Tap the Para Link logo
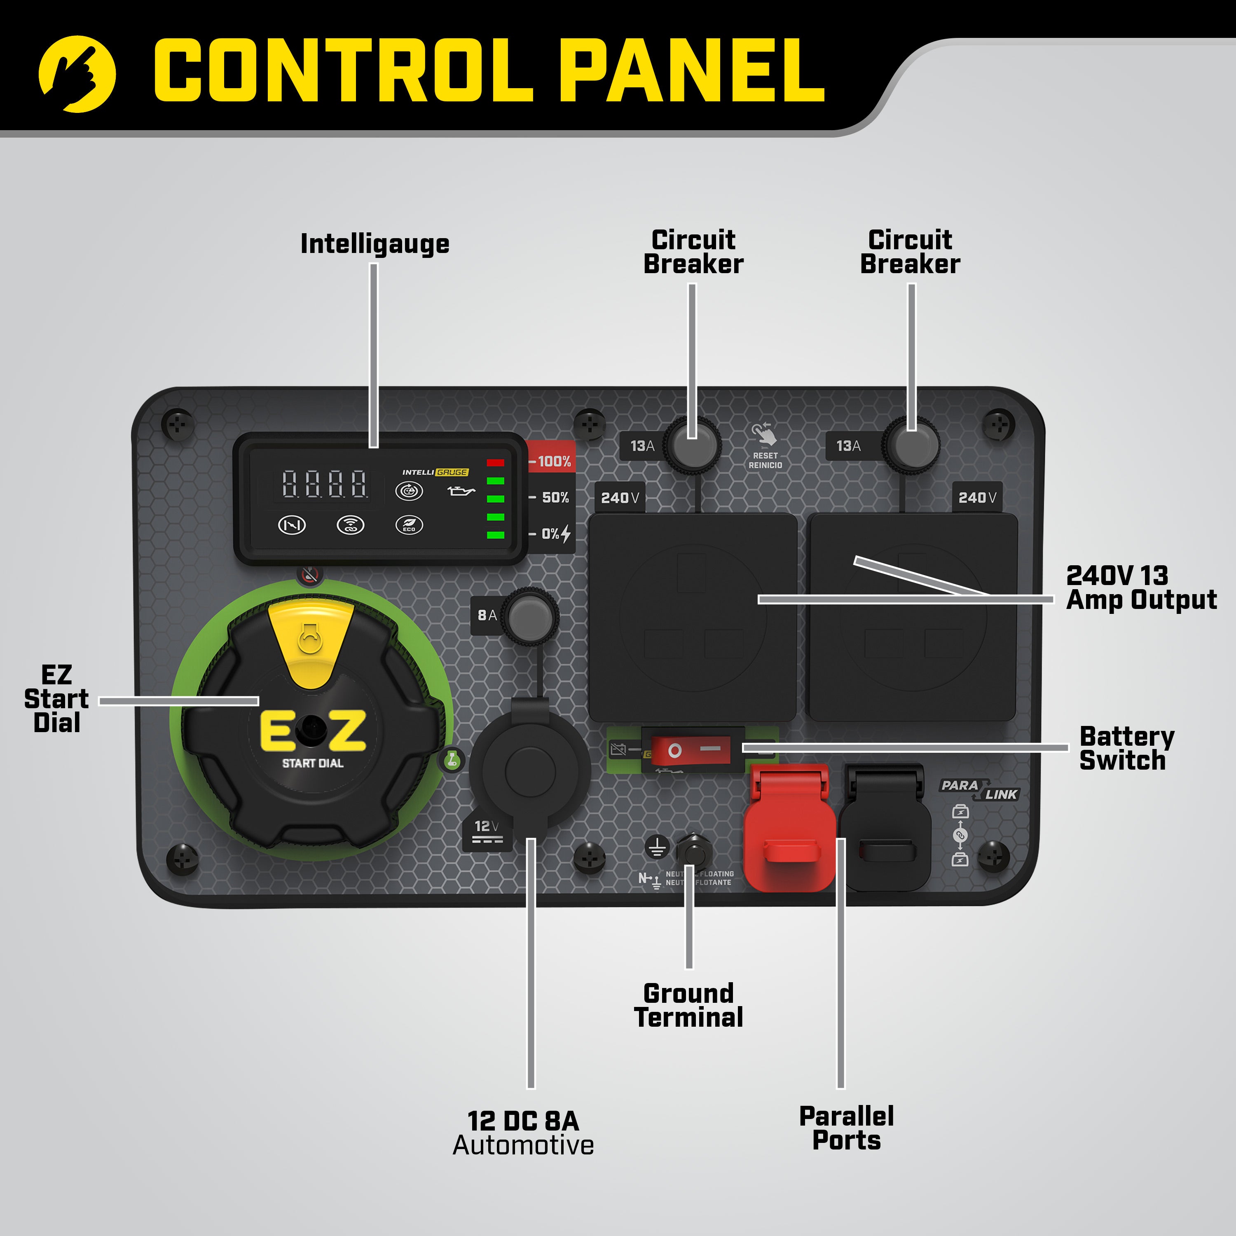pyautogui.click(x=979, y=789)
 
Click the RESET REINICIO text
pyautogui.click(x=765, y=461)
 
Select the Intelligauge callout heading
pyautogui.click(x=375, y=244)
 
